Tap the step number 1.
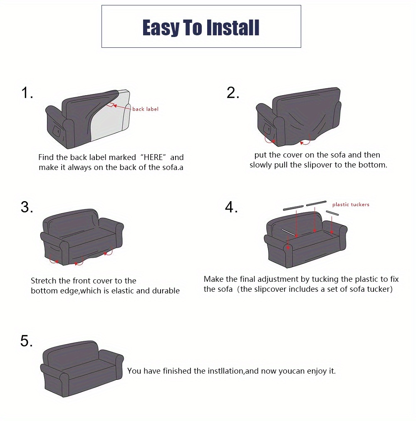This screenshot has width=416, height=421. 27,93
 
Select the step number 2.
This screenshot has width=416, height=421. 233,93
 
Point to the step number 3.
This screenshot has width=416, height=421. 27,207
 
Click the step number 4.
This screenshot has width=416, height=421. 231,207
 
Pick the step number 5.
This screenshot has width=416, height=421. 27,341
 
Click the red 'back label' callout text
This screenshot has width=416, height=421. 145,109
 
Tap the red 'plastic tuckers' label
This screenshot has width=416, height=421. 351,204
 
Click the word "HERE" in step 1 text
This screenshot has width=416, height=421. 154,158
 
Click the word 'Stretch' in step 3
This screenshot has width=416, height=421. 44,281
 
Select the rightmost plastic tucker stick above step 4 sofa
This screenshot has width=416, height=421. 333,213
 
